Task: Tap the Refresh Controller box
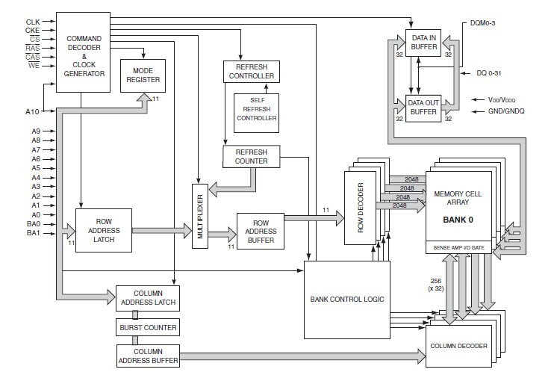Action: click(x=250, y=72)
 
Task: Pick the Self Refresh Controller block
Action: click(x=256, y=110)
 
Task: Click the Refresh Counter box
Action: click(x=251, y=156)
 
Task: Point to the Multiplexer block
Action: click(x=200, y=214)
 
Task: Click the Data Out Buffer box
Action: click(x=423, y=108)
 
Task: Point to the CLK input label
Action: click(x=33, y=22)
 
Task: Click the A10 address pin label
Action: click(x=32, y=111)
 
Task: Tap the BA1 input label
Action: click(x=33, y=234)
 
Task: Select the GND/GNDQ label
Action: click(x=507, y=112)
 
